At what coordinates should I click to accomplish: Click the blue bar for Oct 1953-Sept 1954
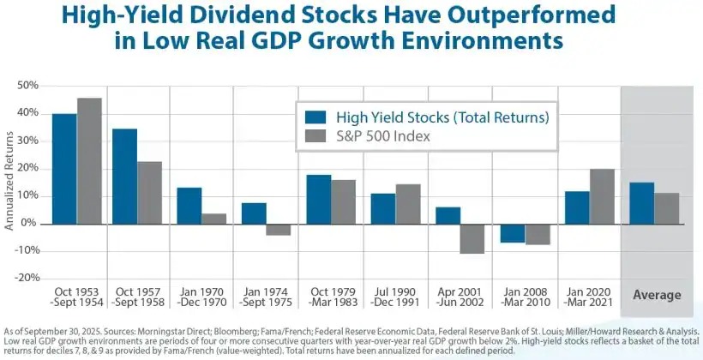64,168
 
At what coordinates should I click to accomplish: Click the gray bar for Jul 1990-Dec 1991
408,203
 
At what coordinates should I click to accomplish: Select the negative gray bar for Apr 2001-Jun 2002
471,238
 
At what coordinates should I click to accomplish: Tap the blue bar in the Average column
641,202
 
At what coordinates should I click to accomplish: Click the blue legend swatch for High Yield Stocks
317,117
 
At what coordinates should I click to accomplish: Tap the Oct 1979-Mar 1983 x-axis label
331,296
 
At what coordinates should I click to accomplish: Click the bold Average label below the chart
656,296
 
